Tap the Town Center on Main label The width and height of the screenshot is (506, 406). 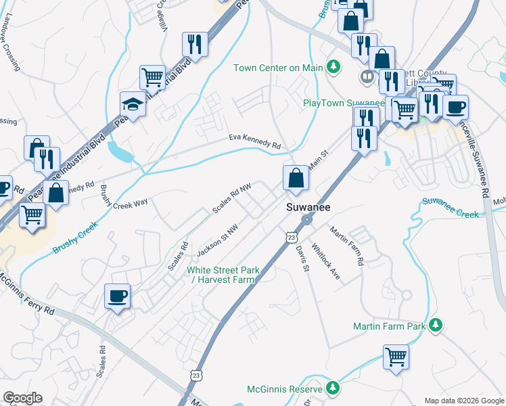click(x=278, y=67)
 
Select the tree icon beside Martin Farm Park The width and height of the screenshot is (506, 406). click(x=437, y=326)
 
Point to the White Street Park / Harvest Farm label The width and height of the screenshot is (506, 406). click(x=223, y=275)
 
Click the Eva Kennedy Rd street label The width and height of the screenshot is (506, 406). click(x=254, y=141)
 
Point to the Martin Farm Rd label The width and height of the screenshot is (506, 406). click(x=347, y=246)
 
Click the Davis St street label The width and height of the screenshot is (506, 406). click(x=302, y=259)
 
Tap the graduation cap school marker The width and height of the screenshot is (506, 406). click(x=133, y=104)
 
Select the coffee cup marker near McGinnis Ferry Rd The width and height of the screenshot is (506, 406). click(x=118, y=296)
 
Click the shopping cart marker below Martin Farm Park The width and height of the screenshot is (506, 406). click(x=396, y=356)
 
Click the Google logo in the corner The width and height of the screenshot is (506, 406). click(x=22, y=398)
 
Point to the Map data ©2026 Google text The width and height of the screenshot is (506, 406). click(x=463, y=401)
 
